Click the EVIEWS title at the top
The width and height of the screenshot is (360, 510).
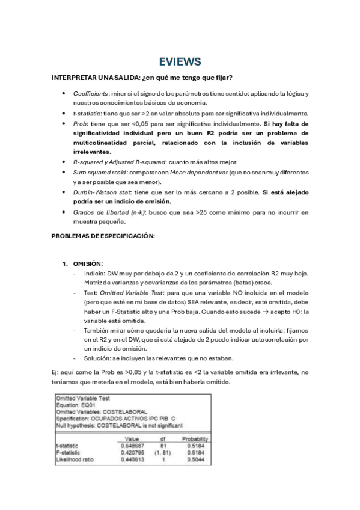180,61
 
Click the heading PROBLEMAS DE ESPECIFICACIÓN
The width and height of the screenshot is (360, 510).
103,236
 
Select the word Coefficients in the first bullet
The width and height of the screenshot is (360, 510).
91,94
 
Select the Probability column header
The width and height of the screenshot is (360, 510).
196,439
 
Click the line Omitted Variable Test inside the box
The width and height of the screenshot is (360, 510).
82,398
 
